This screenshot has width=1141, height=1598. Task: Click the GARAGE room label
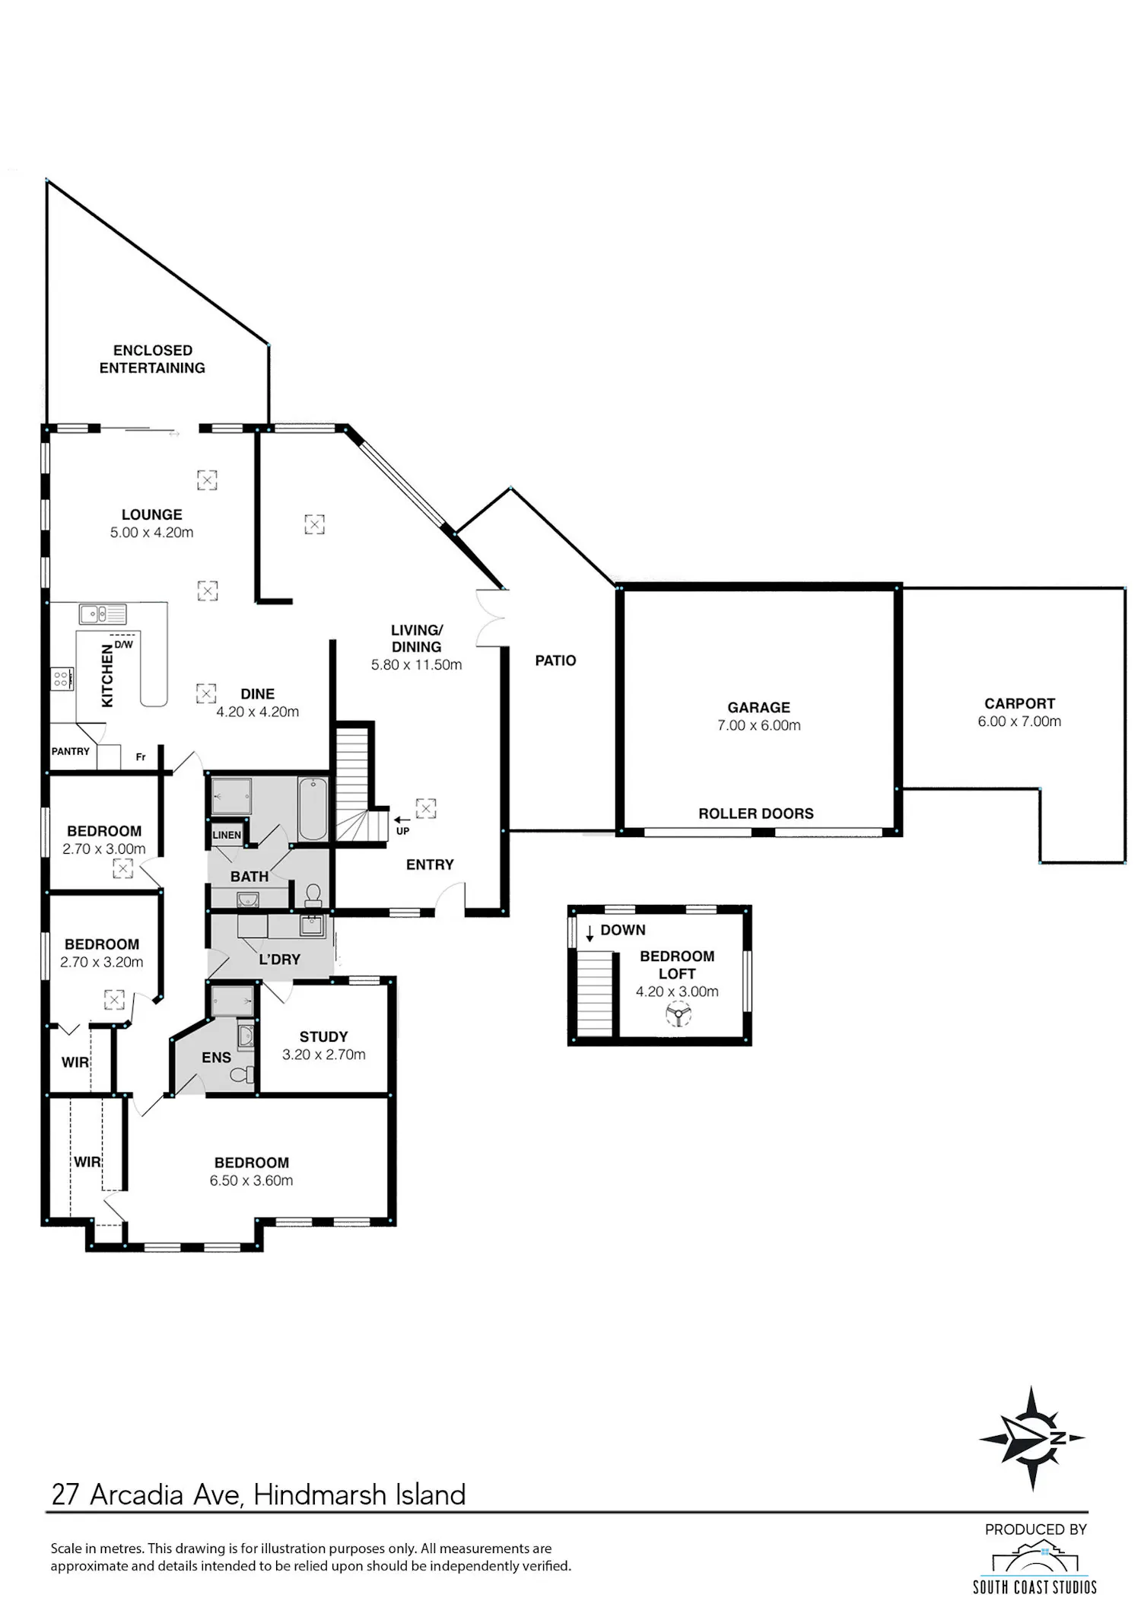[x=758, y=708]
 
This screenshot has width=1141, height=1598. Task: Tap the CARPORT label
[x=1019, y=704]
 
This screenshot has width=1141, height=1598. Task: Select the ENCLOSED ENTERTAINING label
[x=152, y=359]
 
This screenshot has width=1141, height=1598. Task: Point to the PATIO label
[x=555, y=661]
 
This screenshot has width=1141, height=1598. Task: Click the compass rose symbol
[x=1031, y=1438]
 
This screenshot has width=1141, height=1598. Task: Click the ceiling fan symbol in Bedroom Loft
[x=677, y=1014]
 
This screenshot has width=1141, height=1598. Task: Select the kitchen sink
[x=103, y=613]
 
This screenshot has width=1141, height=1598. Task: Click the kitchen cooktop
[x=62, y=678]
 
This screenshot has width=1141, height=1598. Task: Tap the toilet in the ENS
[x=242, y=1074]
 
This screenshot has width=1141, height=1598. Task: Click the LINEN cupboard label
[x=227, y=835]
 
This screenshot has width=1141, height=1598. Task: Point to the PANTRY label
[x=70, y=751]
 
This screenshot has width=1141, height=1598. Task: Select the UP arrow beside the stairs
[x=402, y=820]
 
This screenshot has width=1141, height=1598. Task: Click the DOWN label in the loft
[x=623, y=930]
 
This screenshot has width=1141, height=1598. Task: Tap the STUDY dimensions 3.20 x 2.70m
[x=324, y=1055]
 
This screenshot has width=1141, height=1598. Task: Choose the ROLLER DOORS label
[x=756, y=813]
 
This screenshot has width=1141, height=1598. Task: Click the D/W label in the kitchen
[x=124, y=645]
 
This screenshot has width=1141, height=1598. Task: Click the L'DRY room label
[x=279, y=960]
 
